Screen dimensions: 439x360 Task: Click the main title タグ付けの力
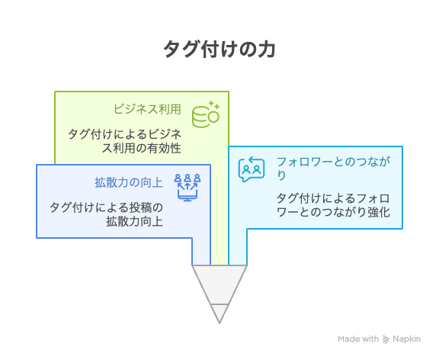pos(219,49)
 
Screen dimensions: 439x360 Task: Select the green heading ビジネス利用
pos(147,109)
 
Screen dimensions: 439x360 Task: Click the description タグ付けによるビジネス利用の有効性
pos(125,141)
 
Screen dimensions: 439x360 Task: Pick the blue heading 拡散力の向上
pos(129,182)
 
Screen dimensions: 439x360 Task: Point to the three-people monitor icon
pos(187,187)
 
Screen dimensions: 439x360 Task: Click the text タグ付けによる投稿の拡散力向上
pos(107,214)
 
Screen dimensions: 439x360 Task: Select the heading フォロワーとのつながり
pos(333,169)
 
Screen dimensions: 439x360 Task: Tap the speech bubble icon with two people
pos(252,169)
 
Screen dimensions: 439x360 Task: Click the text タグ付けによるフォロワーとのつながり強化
pos(333,205)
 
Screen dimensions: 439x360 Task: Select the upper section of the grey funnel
pos(219,284)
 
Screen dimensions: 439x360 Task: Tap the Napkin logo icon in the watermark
pos(386,339)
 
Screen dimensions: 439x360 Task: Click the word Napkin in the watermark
pos(406,339)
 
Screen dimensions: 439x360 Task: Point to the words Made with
pos(358,339)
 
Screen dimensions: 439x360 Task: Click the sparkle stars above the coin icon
pos(214,105)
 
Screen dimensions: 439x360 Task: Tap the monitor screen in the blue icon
pos(187,194)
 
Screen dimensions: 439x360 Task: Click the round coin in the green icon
pos(213,117)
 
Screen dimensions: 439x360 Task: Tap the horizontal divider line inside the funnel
pos(219,304)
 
